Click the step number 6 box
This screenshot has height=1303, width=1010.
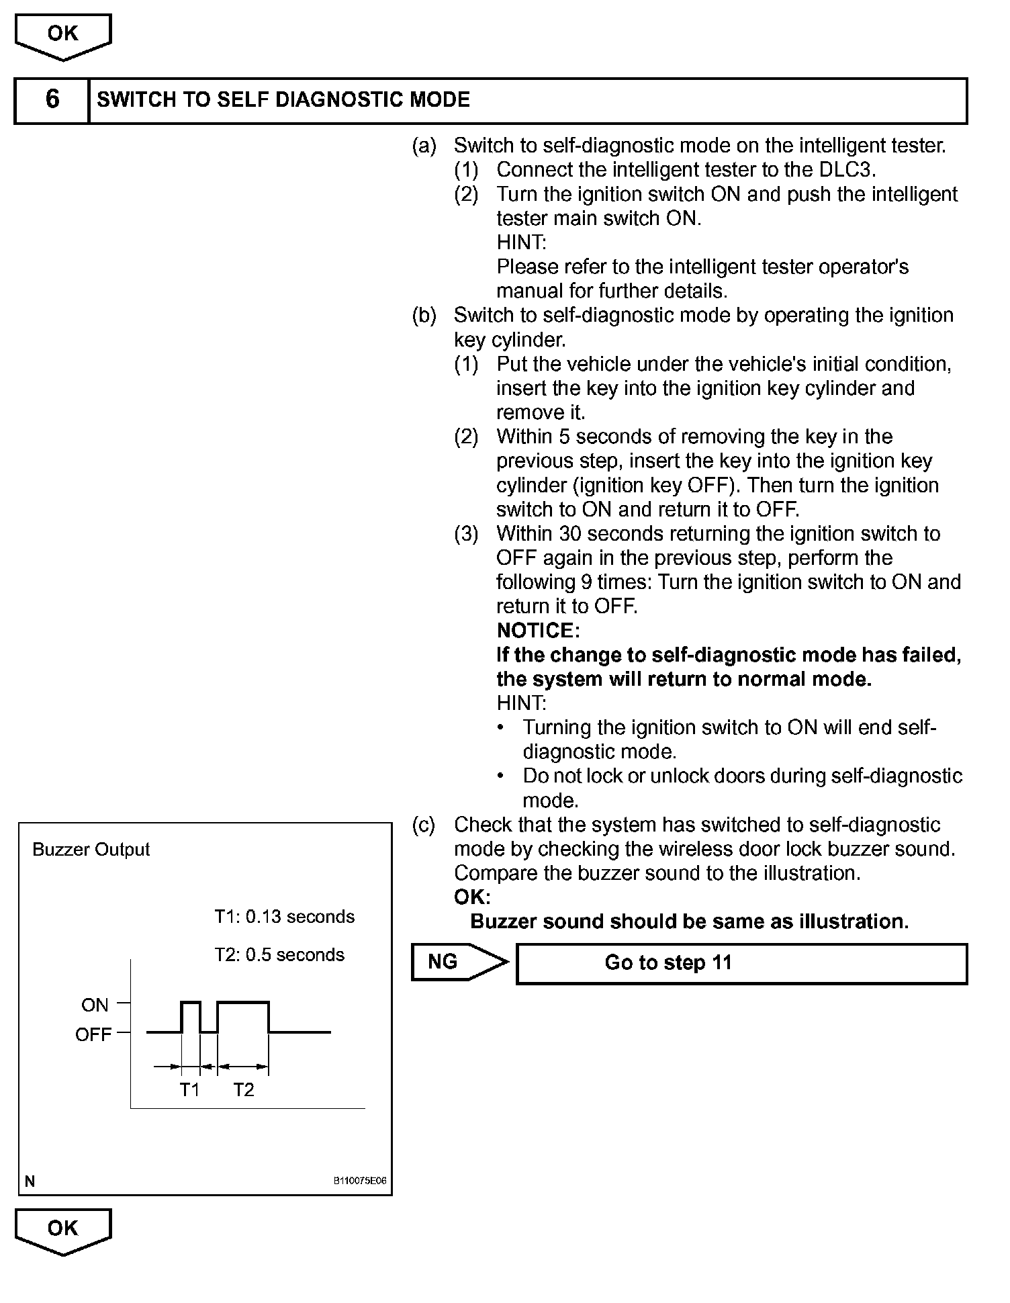coord(52,101)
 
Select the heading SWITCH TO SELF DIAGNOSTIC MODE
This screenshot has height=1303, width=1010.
coord(283,100)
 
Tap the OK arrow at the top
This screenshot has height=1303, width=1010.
coord(62,36)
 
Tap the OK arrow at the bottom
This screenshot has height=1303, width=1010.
coord(62,1230)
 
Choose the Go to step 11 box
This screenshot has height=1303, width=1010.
coord(741,963)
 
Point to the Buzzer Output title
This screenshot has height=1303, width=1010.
coord(91,850)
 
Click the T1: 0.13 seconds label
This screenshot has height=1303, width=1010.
coord(284,917)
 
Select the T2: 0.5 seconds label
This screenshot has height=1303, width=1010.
coord(279,955)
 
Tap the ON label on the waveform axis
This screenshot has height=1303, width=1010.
coord(95,1005)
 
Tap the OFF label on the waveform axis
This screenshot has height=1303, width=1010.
coord(93,1034)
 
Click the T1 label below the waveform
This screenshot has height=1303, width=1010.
coord(189,1089)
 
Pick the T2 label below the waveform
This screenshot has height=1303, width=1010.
coord(243,1089)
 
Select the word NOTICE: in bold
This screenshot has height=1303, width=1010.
coord(537,631)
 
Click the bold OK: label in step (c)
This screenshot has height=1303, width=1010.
coord(472,897)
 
